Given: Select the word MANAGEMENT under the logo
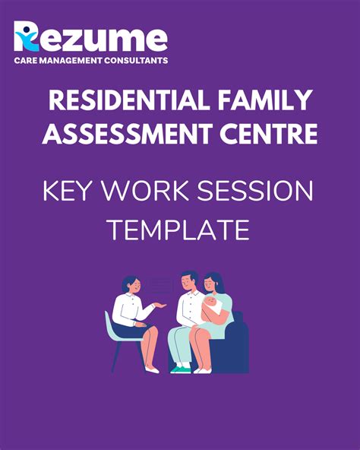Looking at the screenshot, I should [70, 60].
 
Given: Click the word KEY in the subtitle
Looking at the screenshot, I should [71, 191].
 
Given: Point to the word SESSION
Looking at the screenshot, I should [261, 191].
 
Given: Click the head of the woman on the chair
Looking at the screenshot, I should [130, 287].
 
